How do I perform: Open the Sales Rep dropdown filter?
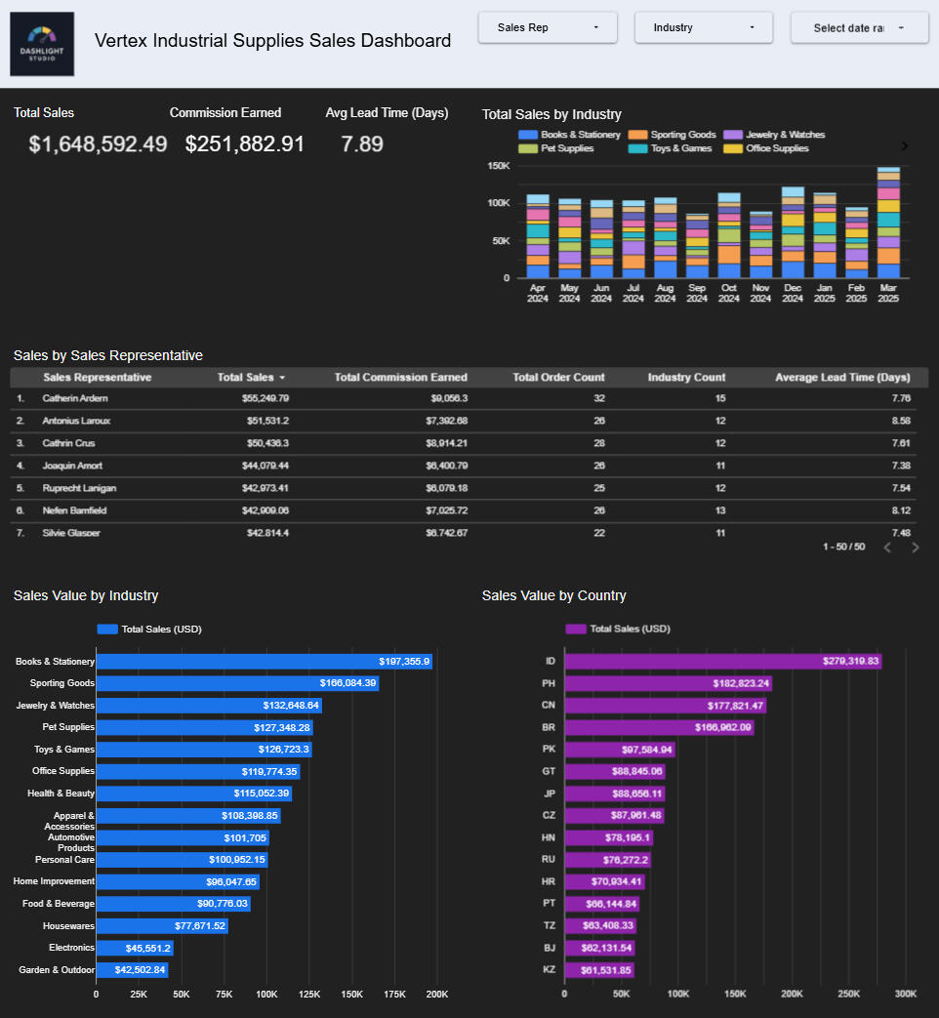(x=547, y=27)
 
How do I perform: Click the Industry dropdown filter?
(x=703, y=27)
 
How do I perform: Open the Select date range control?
(x=859, y=27)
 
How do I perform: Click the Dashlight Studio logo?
(x=42, y=44)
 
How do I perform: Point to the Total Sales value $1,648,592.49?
(x=98, y=144)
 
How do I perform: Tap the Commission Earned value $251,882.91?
(x=245, y=144)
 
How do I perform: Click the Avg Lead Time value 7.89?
(x=362, y=144)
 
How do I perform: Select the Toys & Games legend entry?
(x=681, y=148)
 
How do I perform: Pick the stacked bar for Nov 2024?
(x=760, y=246)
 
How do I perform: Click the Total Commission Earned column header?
(x=400, y=378)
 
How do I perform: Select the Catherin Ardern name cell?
(x=75, y=398)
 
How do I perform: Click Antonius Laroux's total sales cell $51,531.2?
(x=265, y=421)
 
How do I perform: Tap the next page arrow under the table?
(x=916, y=548)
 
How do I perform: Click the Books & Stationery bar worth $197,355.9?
(x=264, y=662)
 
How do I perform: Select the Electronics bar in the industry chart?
(x=135, y=948)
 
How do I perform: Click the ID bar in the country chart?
(x=722, y=662)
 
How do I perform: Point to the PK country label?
(x=549, y=750)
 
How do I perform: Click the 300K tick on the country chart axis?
(x=905, y=995)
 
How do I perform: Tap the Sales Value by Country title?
(x=553, y=595)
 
